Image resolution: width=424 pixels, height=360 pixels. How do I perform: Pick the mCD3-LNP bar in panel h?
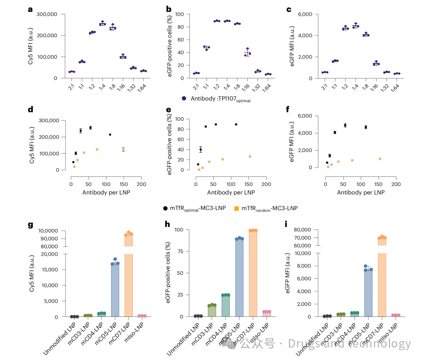pos(212,311)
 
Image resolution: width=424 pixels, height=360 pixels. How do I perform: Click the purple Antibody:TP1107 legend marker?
pos(184,98)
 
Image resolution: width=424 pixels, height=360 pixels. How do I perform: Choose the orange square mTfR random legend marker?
pos(236,208)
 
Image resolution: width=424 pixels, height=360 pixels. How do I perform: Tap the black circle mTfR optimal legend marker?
pos(166,208)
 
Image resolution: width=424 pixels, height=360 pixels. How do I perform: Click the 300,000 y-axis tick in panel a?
pos(47,15)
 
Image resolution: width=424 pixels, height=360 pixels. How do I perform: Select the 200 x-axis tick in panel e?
pos(266,184)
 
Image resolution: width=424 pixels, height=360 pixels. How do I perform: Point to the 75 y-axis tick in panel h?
pos(179,251)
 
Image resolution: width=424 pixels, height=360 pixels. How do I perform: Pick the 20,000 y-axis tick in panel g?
pos(50,254)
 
